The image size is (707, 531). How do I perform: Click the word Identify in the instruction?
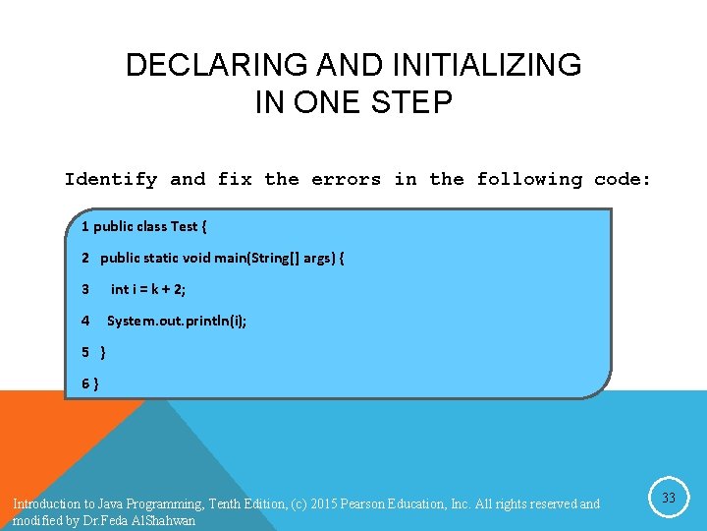[x=110, y=179]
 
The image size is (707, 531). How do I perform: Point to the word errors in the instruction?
[x=346, y=179]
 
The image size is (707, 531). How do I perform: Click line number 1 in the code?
[x=85, y=227]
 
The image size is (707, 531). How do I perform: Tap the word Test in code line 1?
[x=184, y=227]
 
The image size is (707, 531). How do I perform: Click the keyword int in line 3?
[x=119, y=289]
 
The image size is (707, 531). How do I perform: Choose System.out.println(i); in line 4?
[x=177, y=321]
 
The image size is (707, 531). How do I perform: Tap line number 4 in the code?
[x=85, y=321]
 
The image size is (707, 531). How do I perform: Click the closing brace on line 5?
[x=104, y=352]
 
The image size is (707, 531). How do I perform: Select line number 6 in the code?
[x=85, y=383]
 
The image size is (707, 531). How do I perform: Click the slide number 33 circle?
[x=668, y=499]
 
